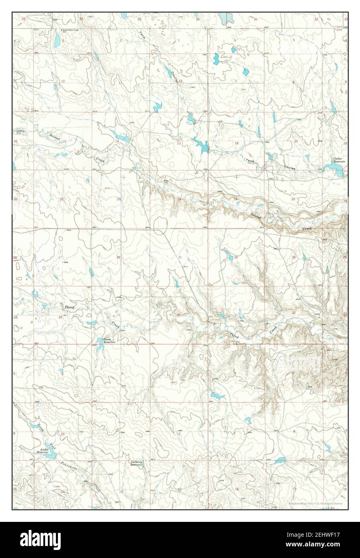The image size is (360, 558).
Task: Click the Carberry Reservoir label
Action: tap(137, 463)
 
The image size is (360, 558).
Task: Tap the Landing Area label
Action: tap(20, 132)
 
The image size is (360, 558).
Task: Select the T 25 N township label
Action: tap(338, 26)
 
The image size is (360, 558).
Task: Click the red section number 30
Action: tap(236, 257)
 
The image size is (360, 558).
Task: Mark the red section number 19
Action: tap(236, 199)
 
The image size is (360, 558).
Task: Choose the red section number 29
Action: tap(293, 257)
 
